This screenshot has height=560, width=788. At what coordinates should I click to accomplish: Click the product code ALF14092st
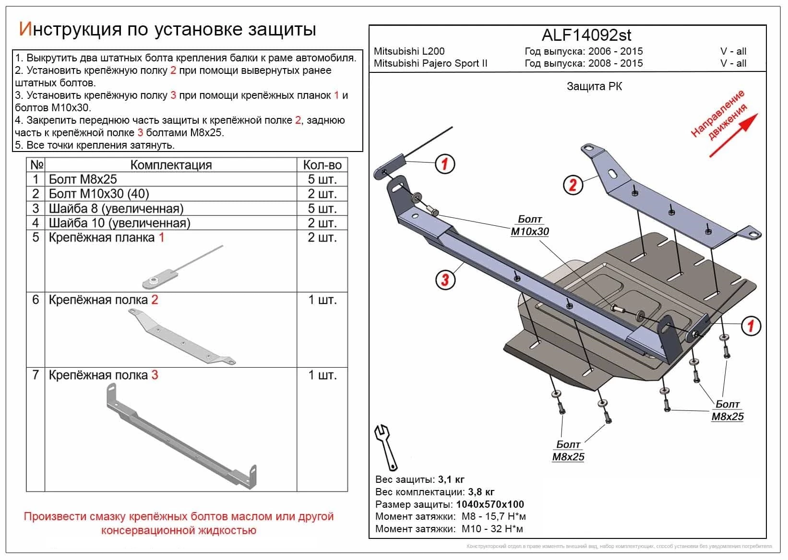[586, 35]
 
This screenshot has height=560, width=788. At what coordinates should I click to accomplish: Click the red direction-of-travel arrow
[733, 135]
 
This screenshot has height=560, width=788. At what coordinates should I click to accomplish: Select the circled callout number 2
[573, 185]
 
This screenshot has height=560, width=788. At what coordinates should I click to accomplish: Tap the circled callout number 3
[445, 279]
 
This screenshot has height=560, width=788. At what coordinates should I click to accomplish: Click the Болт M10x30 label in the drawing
[529, 225]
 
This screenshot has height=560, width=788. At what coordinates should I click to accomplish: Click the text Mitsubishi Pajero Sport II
[430, 63]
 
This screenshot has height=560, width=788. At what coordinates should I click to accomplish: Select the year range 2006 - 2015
[616, 51]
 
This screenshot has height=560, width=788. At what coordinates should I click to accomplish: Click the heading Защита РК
[594, 87]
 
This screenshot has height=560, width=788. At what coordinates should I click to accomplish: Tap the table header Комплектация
[171, 165]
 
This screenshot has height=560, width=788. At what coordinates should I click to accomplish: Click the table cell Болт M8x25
[83, 179]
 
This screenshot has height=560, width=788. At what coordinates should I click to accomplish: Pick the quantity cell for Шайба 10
[322, 223]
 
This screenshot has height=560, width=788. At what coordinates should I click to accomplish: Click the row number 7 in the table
[36, 375]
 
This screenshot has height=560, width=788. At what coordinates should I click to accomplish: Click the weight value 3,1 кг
[451, 479]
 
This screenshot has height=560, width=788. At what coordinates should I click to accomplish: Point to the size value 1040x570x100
[490, 504]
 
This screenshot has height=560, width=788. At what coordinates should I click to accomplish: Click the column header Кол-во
[322, 165]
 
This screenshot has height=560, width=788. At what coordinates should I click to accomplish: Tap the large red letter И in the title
[25, 29]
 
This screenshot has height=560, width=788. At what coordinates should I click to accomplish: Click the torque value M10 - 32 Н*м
[492, 529]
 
